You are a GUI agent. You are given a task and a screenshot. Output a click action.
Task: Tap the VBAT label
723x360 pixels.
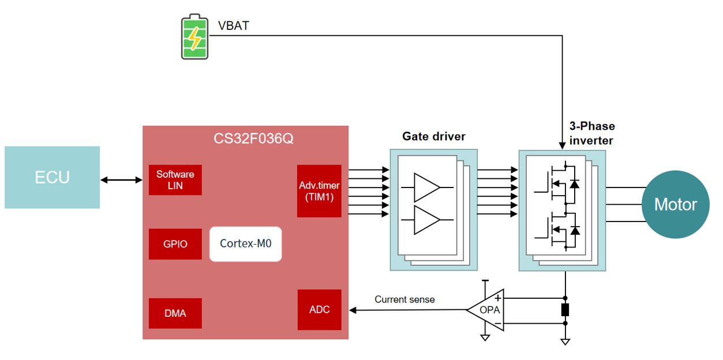click(233, 26)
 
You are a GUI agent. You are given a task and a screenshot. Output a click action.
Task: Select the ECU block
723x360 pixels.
click(52, 177)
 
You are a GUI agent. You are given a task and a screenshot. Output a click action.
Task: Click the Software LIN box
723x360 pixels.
click(175, 180)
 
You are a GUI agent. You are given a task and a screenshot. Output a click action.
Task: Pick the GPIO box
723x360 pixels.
click(175, 244)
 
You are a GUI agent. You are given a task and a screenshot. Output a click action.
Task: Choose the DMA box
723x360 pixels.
click(175, 313)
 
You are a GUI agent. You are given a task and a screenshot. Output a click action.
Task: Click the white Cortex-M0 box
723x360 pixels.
click(245, 243)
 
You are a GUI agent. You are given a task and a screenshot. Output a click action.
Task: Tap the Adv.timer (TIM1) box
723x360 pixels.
click(319, 192)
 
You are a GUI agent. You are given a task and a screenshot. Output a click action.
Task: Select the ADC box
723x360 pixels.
click(319, 310)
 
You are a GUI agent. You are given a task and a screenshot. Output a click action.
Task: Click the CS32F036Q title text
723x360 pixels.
click(245, 140)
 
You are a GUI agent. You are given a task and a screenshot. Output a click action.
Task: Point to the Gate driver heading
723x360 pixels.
click(433, 137)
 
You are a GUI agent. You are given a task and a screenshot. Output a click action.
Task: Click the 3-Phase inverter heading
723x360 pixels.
click(591, 133)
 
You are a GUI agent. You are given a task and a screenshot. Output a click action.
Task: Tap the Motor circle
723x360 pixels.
click(675, 204)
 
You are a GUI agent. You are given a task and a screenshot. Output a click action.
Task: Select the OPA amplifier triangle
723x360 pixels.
click(488, 310)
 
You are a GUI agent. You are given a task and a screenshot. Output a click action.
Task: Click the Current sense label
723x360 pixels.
click(404, 299)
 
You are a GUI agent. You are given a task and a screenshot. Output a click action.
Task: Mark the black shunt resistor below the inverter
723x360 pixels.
click(565, 310)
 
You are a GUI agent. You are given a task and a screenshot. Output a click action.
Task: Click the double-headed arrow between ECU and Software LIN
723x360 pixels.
click(121, 180)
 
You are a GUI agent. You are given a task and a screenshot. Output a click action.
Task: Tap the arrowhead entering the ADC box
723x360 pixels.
click(353, 310)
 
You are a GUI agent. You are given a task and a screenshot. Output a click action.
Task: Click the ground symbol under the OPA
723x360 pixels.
click(485, 337)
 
